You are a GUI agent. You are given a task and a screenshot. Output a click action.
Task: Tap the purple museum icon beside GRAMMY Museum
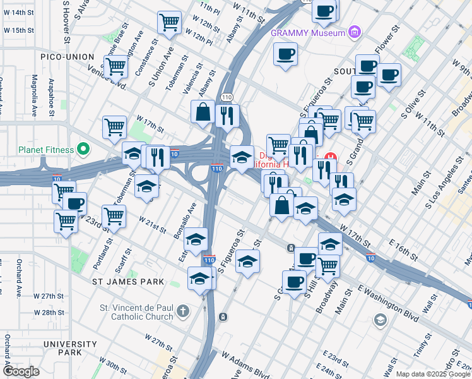click(x=355, y=32)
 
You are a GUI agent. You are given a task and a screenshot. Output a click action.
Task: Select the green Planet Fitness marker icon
click(x=83, y=150)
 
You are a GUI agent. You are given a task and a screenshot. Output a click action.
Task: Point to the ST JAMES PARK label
click(x=128, y=282)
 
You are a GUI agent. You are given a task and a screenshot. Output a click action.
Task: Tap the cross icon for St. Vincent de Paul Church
click(x=182, y=311)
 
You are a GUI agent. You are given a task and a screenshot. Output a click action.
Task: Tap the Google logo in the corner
click(x=21, y=371)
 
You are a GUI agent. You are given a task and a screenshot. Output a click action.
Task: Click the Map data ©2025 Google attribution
click(x=433, y=374)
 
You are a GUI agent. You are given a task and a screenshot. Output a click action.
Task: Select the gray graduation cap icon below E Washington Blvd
click(x=380, y=320)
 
